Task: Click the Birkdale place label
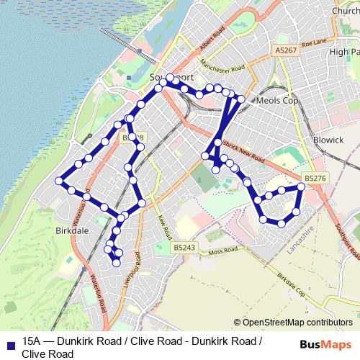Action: (x=71, y=232)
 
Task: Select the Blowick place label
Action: (x=328, y=140)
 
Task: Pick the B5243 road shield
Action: (x=184, y=247)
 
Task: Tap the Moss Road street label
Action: (x=222, y=251)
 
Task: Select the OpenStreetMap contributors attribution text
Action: (x=297, y=323)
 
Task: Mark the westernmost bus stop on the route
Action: (x=59, y=180)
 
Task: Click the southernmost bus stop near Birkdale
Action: (x=116, y=264)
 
